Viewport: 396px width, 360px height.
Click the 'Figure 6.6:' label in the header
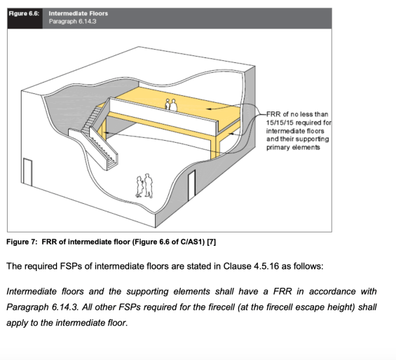(24, 13)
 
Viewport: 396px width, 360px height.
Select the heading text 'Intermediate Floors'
(78, 13)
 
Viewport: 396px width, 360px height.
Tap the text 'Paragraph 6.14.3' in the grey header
(72, 22)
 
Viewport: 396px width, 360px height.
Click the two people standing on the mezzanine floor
(171, 105)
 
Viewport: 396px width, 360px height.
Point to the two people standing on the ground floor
(144, 186)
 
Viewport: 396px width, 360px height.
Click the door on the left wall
(27, 172)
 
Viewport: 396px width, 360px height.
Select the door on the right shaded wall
(191, 186)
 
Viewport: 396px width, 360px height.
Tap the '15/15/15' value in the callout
(280, 123)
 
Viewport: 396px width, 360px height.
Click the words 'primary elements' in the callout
(293, 148)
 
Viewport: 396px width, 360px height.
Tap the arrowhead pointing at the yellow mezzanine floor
(209, 109)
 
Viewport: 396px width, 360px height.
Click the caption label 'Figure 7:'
(22, 242)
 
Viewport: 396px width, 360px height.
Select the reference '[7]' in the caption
(212, 242)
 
